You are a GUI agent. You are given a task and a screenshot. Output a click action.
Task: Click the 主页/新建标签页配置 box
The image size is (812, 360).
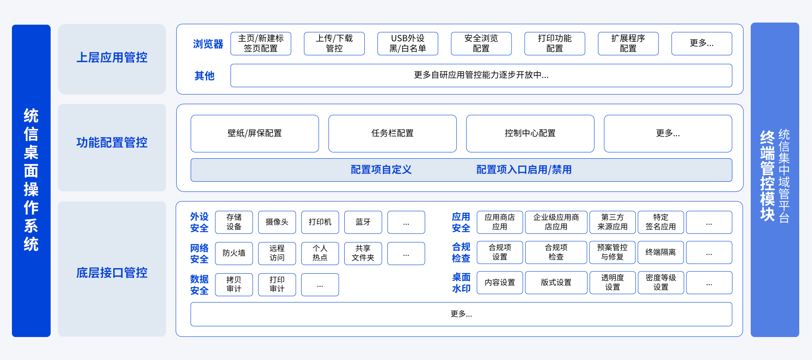261,43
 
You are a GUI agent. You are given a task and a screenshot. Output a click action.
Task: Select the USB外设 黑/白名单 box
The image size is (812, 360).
408,43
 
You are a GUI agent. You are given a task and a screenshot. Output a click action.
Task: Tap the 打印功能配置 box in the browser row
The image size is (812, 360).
555,43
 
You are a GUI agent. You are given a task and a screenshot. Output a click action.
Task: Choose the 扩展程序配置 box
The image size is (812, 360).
628,43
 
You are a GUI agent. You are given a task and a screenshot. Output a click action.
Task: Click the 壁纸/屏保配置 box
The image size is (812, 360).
254,134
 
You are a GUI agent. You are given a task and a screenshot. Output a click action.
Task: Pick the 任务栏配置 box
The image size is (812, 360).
392,134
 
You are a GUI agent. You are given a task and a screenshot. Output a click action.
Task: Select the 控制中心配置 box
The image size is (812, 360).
530,134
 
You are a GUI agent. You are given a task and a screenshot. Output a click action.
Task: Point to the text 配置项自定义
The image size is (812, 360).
381,170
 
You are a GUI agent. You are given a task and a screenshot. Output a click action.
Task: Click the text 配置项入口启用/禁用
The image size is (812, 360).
524,170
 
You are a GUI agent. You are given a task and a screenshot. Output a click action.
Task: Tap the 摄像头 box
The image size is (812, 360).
277,222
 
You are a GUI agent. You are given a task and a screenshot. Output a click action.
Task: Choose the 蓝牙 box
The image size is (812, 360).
363,222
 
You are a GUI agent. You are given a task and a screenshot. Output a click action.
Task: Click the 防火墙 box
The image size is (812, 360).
234,253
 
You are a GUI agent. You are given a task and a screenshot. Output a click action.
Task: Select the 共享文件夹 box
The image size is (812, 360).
363,253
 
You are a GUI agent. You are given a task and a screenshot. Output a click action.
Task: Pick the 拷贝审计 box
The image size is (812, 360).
234,285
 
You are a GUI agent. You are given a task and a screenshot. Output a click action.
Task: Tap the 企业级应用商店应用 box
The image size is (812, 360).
556,222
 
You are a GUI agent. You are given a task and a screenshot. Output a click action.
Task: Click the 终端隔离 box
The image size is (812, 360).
661,252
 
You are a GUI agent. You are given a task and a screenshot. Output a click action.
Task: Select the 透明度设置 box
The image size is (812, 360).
612,283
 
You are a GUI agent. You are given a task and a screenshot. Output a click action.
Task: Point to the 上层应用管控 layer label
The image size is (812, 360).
112,57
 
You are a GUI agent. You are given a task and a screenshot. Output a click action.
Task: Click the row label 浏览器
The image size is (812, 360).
208,44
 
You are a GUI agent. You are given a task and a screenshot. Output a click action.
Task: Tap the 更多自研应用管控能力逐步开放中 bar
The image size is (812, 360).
481,75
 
